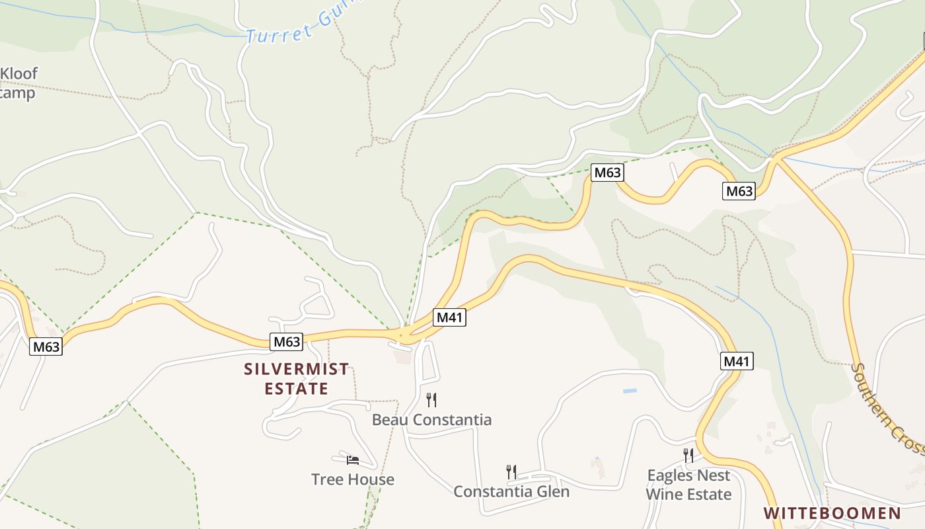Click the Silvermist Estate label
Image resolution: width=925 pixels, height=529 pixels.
click(x=296, y=379)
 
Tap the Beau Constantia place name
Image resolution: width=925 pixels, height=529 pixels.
click(x=431, y=420)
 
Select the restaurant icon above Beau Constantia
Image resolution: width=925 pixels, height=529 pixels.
click(x=431, y=399)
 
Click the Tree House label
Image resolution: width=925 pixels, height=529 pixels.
click(x=353, y=479)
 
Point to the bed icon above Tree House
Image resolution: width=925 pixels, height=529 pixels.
click(x=353, y=460)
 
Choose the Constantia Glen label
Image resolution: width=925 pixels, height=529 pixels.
click(x=511, y=491)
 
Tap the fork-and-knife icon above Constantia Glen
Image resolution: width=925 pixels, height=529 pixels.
click(x=511, y=471)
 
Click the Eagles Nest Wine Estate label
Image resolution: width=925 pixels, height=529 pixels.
click(x=688, y=485)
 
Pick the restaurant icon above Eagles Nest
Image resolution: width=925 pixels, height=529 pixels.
click(x=688, y=455)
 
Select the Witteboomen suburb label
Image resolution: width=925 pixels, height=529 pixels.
click(x=832, y=513)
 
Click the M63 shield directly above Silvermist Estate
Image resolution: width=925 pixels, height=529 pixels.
click(x=287, y=342)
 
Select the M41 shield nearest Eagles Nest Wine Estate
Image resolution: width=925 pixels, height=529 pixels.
click(x=737, y=361)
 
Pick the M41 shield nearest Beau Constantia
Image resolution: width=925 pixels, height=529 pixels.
click(x=449, y=317)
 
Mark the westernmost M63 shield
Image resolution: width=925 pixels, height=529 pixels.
click(x=46, y=346)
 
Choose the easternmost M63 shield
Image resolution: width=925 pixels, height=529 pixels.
click(x=739, y=191)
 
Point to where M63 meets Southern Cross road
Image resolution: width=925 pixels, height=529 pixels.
click(x=777, y=158)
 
